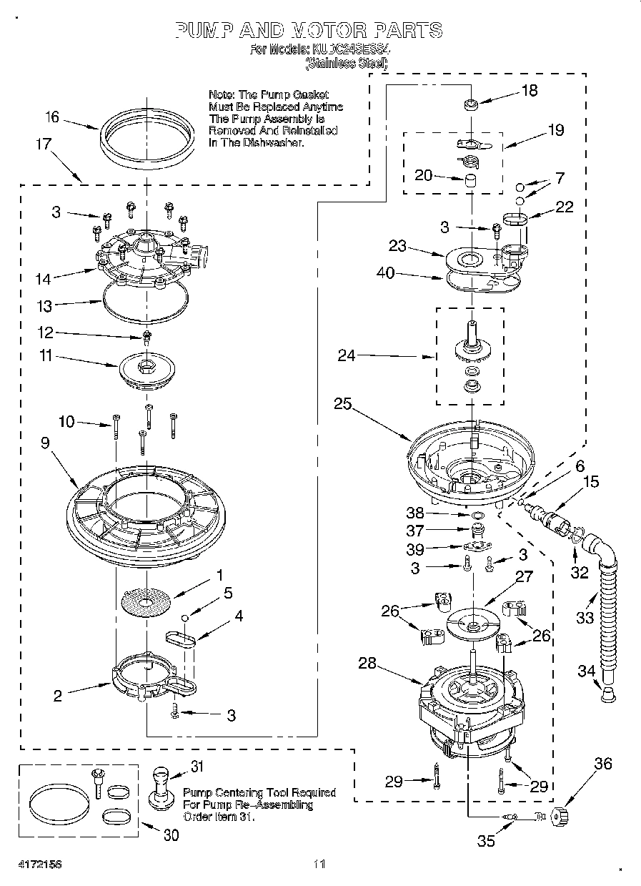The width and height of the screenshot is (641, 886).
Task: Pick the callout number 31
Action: point(197,767)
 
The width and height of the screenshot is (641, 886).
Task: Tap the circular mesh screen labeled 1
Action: point(146,601)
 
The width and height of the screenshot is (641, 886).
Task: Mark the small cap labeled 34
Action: point(608,693)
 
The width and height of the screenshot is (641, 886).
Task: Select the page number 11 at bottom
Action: point(319,863)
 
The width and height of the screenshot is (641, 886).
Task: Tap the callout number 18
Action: point(530,91)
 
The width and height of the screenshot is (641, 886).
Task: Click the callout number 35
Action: point(486,842)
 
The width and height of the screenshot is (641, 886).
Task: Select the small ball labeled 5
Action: point(184,617)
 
